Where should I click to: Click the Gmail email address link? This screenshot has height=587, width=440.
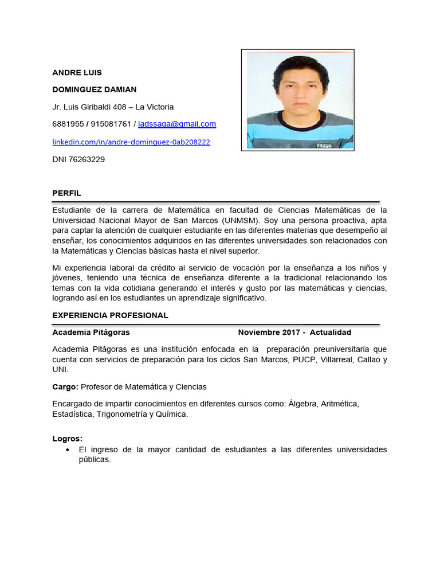(x=177, y=124)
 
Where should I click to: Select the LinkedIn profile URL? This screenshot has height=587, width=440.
(x=131, y=142)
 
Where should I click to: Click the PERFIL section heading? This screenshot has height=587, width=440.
(x=66, y=194)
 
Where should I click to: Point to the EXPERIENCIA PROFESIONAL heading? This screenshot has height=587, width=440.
(x=110, y=315)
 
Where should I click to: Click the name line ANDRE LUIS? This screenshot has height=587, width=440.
(x=77, y=72)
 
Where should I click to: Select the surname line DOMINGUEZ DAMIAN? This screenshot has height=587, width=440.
(x=95, y=89)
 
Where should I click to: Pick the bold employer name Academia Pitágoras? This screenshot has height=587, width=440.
(x=91, y=332)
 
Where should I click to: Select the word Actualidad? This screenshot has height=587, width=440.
(x=331, y=332)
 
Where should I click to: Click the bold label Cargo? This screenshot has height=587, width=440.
(x=65, y=387)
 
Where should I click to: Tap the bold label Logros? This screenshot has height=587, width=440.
(x=68, y=439)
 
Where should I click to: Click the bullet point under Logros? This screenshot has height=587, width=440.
(x=68, y=450)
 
